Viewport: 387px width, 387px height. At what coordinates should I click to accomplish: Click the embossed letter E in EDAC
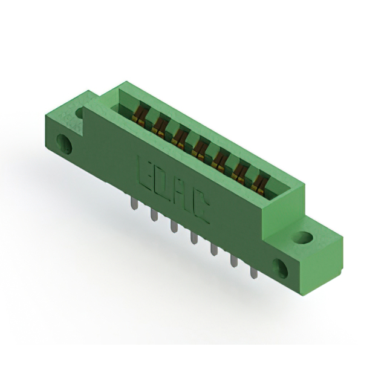tap(147, 171)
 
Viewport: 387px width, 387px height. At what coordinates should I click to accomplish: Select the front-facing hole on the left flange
tap(64, 143)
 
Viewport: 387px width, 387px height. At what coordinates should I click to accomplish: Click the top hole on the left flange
tap(79, 112)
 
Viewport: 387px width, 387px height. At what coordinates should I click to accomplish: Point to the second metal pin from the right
tap(233, 261)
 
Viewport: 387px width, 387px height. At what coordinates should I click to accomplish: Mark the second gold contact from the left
tap(160, 124)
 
